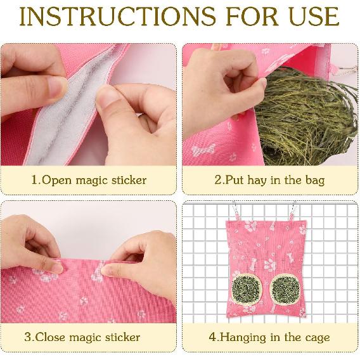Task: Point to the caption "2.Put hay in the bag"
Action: [269, 180]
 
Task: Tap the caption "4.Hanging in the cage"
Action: [269, 337]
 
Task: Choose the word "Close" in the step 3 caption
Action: [58, 337]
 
